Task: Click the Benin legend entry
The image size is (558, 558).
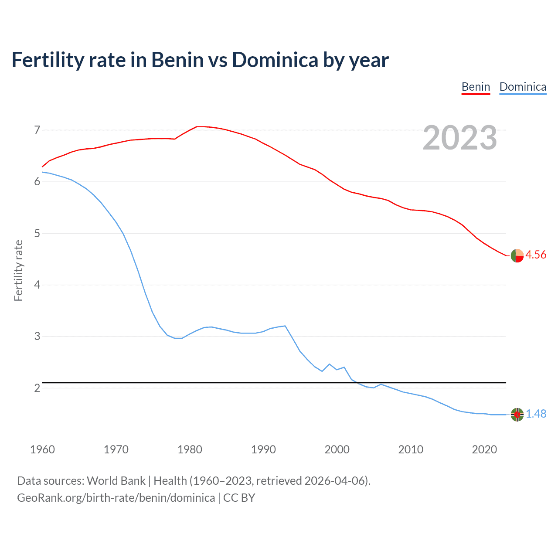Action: tap(476, 87)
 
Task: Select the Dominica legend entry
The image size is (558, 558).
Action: tap(523, 87)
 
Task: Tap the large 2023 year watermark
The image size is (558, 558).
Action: tap(460, 138)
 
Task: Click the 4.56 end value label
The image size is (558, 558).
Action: tap(536, 255)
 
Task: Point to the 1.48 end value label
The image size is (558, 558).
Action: tap(536, 414)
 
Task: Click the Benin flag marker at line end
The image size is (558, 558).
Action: tap(517, 256)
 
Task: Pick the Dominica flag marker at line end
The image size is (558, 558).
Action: tap(517, 415)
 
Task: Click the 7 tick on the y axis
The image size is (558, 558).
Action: tap(37, 130)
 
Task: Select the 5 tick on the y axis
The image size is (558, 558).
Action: tap(37, 233)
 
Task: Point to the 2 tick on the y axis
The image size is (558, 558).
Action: tap(37, 388)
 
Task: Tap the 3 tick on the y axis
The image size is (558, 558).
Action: tap(37, 337)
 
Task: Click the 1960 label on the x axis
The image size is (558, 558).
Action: tap(42, 449)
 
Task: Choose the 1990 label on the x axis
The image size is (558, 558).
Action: tap(263, 449)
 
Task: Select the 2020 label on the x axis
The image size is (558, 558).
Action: tap(484, 449)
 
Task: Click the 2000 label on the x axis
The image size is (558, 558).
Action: tap(337, 449)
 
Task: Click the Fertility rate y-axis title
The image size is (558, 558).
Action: tap(18, 270)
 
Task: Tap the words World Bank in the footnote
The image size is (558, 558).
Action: tap(116, 481)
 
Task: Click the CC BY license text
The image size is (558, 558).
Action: tap(239, 498)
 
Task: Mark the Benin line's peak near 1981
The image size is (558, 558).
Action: tap(197, 126)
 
